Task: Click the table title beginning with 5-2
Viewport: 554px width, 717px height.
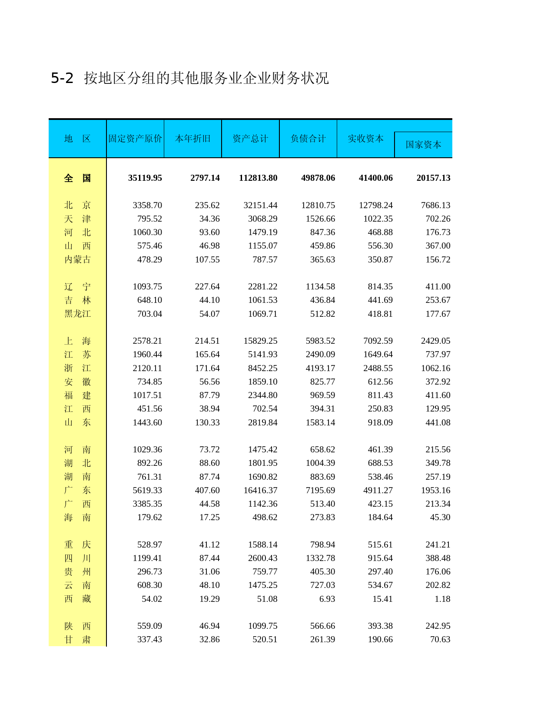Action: coord(190,78)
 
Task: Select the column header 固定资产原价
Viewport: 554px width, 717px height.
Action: coord(135,139)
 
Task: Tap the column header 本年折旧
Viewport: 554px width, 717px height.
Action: coord(192,139)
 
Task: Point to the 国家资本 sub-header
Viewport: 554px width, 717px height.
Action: coord(423,145)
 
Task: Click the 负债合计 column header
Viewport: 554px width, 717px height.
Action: coord(308,139)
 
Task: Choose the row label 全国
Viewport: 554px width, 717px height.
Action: coord(77,178)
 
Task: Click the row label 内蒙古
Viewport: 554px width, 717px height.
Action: coord(77,259)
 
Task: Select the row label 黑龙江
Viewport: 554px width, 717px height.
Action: coord(77,314)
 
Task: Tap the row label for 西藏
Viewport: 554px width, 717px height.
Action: coord(77,599)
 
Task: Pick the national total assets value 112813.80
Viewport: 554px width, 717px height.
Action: coord(258,178)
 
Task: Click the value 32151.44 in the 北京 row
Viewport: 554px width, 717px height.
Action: coord(260,205)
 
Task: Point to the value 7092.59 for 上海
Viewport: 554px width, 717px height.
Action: coord(376,341)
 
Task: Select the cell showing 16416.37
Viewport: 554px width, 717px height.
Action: coord(260,490)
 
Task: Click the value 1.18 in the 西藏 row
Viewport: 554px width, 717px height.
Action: coord(442,599)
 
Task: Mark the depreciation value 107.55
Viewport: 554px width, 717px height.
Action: coord(207,259)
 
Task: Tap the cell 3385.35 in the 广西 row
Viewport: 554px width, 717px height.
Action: coord(147,504)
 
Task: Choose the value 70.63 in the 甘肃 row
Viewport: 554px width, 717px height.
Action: coord(440,639)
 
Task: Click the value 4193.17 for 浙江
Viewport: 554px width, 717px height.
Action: coord(320,368)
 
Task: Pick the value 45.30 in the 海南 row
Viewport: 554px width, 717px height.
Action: coord(440,517)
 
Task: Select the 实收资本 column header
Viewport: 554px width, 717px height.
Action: coord(365,139)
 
